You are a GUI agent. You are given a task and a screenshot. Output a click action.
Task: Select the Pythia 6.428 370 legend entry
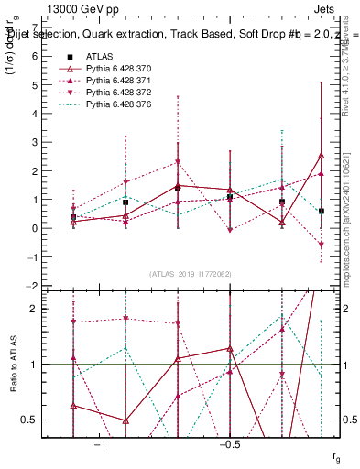pyautogui.click(x=104, y=68)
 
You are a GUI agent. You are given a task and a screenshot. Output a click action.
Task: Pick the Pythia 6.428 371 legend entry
pyautogui.click(x=104, y=81)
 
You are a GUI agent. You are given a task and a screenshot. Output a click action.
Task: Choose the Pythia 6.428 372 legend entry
pyautogui.click(x=104, y=93)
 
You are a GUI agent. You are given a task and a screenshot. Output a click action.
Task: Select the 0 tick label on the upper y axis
pyautogui.click(x=34, y=228)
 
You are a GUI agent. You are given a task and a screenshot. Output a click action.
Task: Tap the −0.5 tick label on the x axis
pyautogui.click(x=229, y=444)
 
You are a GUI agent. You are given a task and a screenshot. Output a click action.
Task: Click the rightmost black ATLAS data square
pyautogui.click(x=322, y=212)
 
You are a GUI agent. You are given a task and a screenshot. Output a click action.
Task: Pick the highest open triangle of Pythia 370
pyautogui.click(x=321, y=156)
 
